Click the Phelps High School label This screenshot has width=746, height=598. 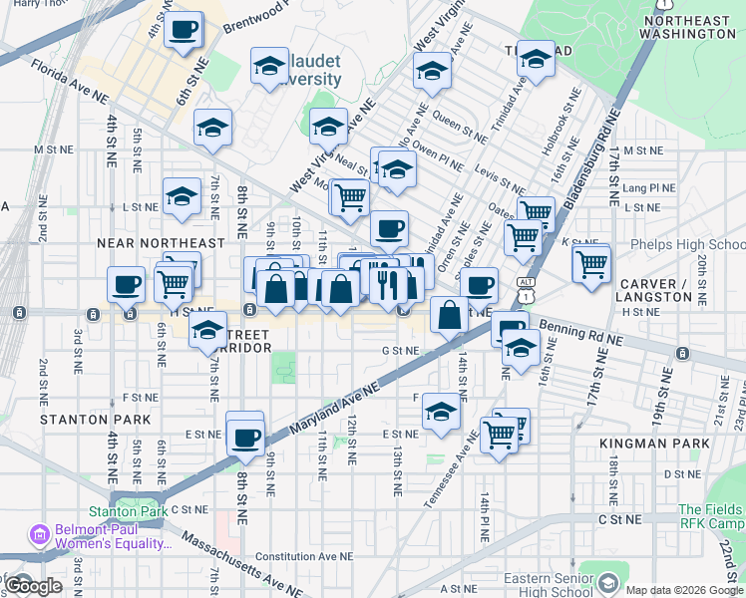coord(688,245)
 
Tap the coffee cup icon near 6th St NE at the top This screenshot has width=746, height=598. coord(184,30)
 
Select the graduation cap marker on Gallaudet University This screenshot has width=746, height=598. coord(267,67)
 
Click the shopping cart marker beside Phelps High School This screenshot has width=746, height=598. coord(591,265)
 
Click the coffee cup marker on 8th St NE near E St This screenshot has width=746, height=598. coord(245,436)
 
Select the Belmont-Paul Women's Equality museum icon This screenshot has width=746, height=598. coord(41,536)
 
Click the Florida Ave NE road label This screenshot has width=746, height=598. coord(69,83)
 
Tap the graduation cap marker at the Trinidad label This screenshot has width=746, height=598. coord(536,60)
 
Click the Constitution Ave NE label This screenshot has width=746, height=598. coord(304,557)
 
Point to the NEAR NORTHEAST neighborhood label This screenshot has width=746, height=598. coord(161,243)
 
